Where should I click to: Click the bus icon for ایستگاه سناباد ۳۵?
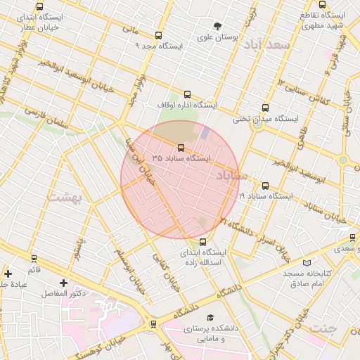click(181, 148)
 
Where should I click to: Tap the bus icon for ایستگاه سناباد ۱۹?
click(264, 186)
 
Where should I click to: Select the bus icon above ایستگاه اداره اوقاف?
click(186, 94)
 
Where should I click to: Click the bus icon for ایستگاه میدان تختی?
click(264, 108)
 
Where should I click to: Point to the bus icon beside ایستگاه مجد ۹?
click(158, 35)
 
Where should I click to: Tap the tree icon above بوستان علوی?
click(217, 26)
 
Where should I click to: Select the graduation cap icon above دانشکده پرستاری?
click(210, 318)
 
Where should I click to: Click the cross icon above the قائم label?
click(8, 274)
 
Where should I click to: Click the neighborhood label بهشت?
click(65, 198)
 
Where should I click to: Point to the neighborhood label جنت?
click(323, 328)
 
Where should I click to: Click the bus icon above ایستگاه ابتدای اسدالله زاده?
click(203, 242)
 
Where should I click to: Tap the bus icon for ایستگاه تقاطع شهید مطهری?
click(323, 5)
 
